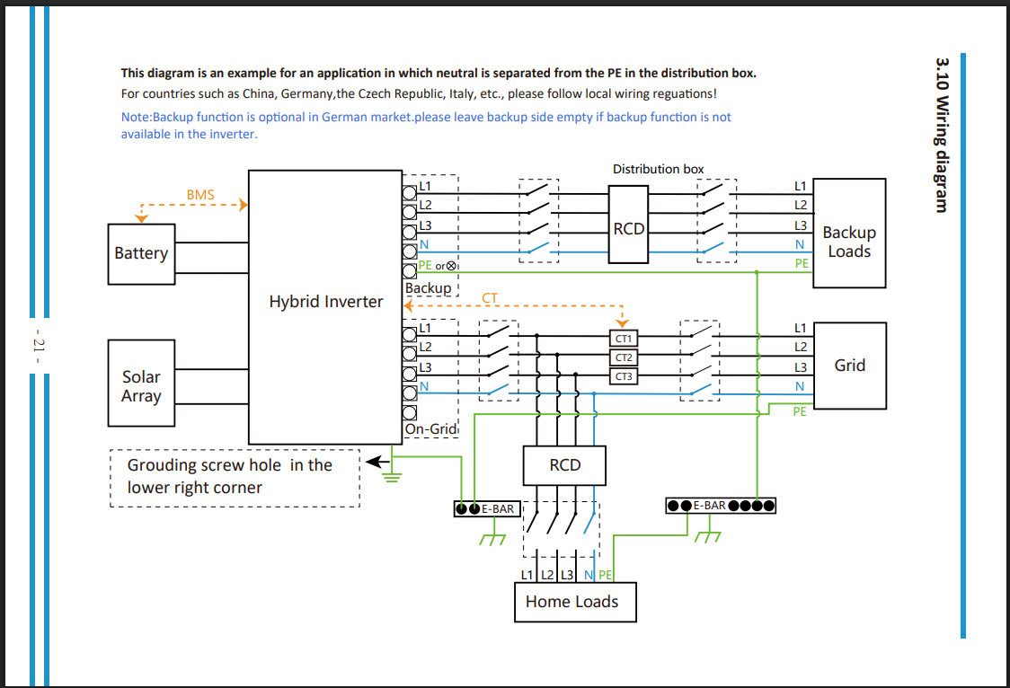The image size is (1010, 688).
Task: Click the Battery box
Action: coord(141,253)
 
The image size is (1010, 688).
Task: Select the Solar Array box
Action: coord(141,383)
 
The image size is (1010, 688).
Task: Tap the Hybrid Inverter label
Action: coord(326,302)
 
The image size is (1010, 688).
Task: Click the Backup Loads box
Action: coord(849,233)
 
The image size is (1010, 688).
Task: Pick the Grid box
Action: coord(850,366)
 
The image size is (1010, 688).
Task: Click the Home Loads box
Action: coord(575,602)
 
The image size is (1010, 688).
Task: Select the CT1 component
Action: coord(624,339)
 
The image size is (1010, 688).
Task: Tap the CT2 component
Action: coord(624,357)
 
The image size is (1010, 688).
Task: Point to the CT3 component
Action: coord(624,375)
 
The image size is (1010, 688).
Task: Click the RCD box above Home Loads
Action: coord(564,465)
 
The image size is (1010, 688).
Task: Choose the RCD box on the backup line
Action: coord(628,225)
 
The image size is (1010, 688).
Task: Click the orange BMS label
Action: coord(200,195)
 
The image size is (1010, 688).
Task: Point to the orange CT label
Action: coord(490,298)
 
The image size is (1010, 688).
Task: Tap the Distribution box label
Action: coord(659,169)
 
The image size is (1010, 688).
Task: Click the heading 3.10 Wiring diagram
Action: coord(942,135)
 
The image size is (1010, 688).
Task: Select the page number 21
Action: coord(39,345)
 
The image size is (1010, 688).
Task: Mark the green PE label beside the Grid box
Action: coord(800,411)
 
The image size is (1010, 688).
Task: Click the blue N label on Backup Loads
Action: coord(800,244)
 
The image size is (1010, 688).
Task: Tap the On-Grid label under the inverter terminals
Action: coord(431,428)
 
